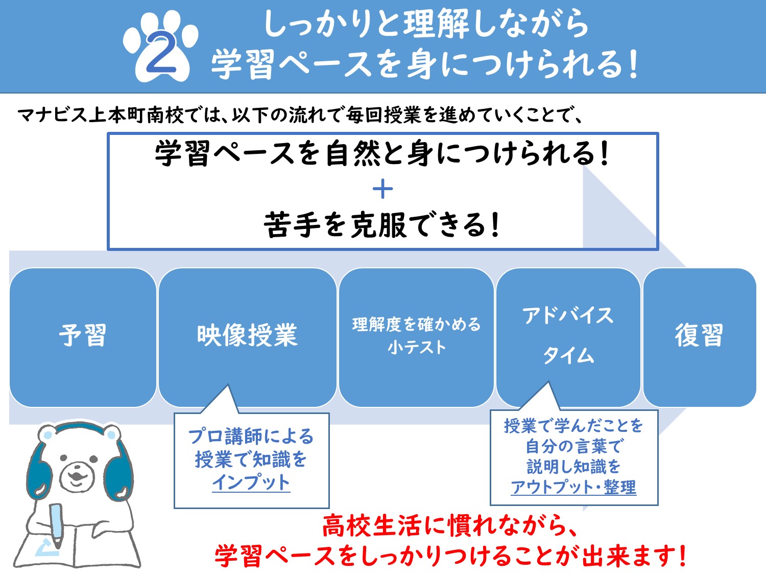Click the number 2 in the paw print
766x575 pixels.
coord(161,52)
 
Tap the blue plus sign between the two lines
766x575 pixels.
coord(382,189)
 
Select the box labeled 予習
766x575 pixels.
coord(83,337)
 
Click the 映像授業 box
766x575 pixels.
coord(248,337)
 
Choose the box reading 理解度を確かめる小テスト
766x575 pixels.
coord(416,337)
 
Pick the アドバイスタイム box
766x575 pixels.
coord(568,337)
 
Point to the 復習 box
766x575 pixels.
coord(700,337)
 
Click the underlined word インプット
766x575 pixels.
coord(251,482)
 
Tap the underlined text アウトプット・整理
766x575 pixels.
coord(573,487)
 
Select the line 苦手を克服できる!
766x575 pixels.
coord(382,225)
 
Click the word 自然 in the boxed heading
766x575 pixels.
coord(352,154)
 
